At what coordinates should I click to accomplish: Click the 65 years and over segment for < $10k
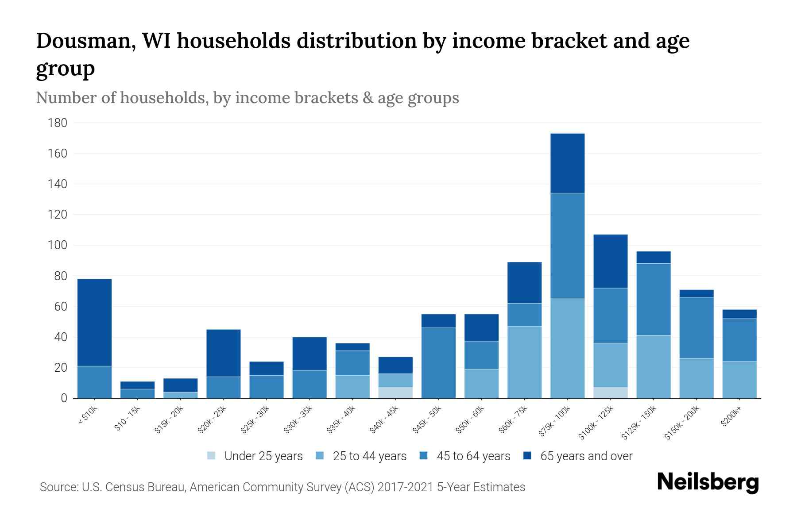click(94, 322)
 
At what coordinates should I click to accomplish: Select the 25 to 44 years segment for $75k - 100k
click(567, 348)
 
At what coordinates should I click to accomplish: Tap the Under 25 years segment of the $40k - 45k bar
click(395, 392)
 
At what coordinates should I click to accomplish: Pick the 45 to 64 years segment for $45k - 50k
click(438, 363)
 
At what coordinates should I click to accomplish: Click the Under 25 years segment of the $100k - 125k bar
click(610, 392)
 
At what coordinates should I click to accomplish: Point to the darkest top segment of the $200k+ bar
click(739, 314)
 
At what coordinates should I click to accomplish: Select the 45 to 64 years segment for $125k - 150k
click(653, 299)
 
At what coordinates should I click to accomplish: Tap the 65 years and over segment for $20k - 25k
click(224, 353)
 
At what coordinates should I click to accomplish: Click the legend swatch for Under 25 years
click(212, 456)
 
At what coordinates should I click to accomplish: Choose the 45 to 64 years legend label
click(473, 456)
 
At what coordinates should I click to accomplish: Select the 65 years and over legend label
click(586, 456)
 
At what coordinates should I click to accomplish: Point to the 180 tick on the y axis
click(58, 123)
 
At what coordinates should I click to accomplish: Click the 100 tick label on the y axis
click(58, 245)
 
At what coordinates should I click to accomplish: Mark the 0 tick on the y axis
click(64, 398)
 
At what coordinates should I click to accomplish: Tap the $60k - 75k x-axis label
click(513, 420)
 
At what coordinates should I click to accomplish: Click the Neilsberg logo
click(708, 482)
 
